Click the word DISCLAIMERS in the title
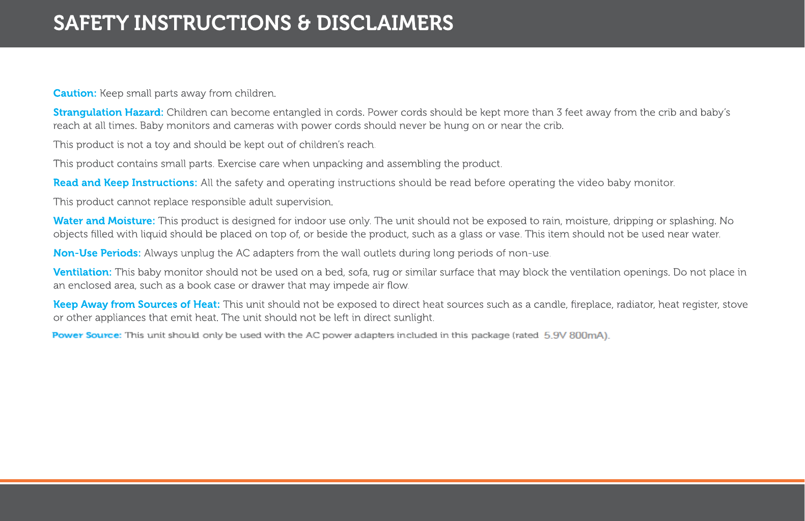coord(384,23)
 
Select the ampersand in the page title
coord(304,23)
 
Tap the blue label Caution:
coord(75,93)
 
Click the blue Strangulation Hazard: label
coord(108,112)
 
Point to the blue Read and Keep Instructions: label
coord(125,183)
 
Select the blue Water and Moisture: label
coord(104,221)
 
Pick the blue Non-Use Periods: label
coord(97,253)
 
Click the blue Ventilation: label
coord(82,272)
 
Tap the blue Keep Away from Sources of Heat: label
coord(136,304)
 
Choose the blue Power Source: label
coord(87,335)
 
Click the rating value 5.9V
coord(555,335)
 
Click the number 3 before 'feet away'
coord(560,112)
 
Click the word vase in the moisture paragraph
coord(511,234)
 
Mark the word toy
coord(161,145)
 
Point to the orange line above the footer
coord(402,481)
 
